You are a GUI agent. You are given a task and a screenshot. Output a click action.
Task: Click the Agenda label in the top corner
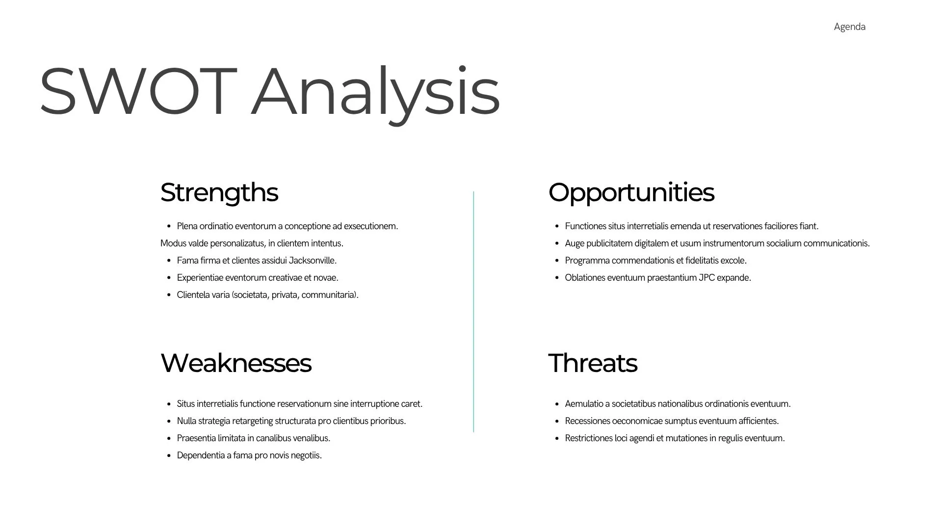849,27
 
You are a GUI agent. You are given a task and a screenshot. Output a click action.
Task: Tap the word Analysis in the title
375,94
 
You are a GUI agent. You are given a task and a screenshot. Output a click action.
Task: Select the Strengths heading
219,192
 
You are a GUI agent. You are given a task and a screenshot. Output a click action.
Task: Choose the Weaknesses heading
235,363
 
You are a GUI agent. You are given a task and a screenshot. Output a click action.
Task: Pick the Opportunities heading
631,192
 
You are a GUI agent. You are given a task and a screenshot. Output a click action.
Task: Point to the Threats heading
592,363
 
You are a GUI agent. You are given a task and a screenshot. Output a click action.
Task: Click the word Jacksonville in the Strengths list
313,261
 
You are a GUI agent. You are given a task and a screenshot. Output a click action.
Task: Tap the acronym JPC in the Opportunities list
706,278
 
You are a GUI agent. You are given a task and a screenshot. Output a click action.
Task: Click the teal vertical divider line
473,312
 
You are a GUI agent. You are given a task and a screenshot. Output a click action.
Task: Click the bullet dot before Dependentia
169,456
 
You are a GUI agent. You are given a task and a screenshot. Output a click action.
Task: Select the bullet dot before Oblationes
557,278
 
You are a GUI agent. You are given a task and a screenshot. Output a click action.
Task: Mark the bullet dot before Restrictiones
557,439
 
